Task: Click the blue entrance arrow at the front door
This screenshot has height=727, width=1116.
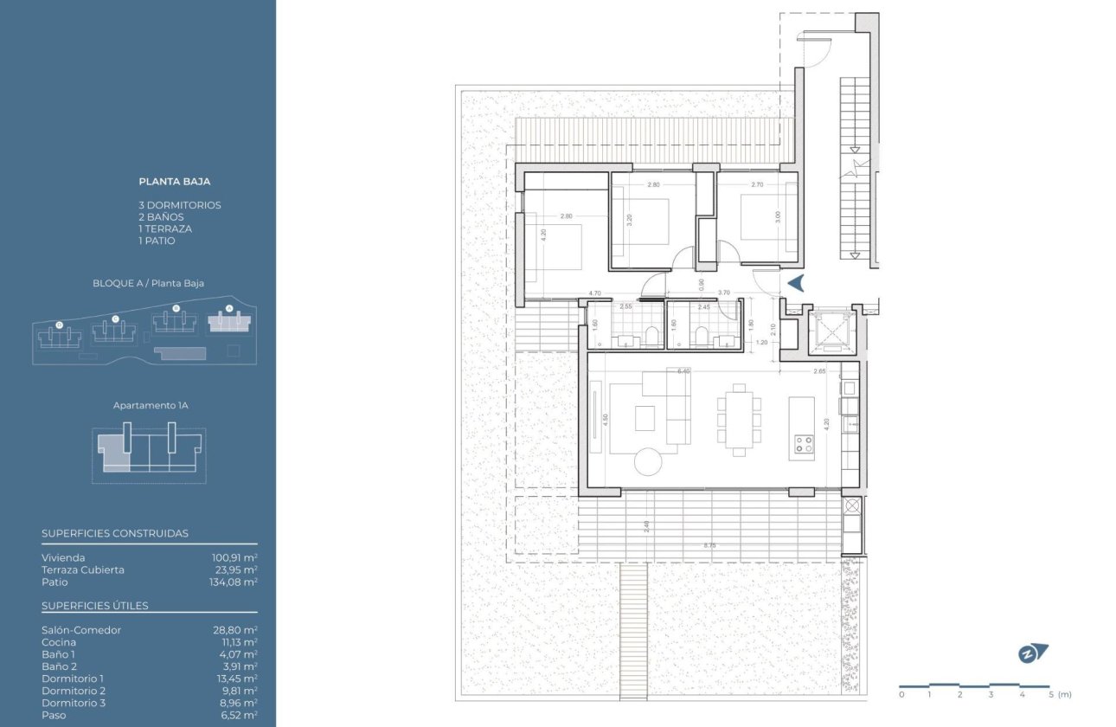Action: pos(796,283)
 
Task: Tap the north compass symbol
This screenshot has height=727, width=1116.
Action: pos(1032,653)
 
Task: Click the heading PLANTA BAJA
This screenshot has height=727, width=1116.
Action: pos(175,182)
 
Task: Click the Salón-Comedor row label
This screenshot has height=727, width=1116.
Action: pos(81,630)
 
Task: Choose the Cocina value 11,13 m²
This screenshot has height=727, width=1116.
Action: pos(239,642)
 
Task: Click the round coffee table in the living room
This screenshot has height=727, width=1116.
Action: pos(648,461)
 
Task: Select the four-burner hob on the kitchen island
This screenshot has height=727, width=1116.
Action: pos(804,444)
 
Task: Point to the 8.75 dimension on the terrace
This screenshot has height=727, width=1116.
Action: pos(709,545)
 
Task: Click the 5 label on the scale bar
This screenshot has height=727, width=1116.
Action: pos(1050,694)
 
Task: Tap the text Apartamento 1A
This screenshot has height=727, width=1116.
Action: pos(149,405)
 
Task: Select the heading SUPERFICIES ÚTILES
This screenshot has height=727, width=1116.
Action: pos(95,605)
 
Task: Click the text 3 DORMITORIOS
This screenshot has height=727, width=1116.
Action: pos(180,205)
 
